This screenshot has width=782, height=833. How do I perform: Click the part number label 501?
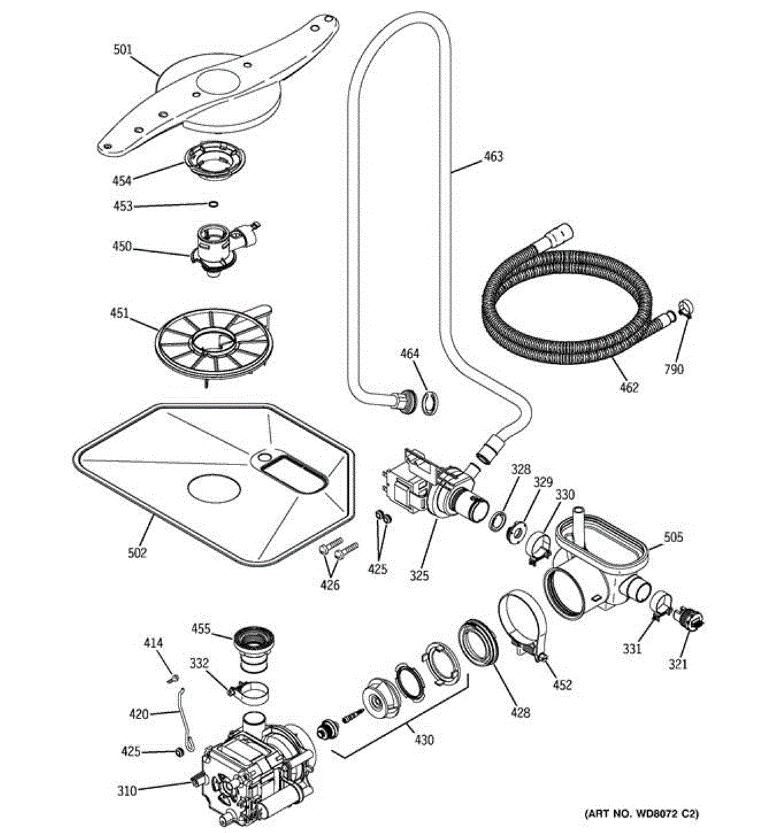pyautogui.click(x=123, y=49)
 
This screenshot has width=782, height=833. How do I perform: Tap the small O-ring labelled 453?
pyautogui.click(x=214, y=204)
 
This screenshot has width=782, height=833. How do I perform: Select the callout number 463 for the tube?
pyautogui.click(x=493, y=156)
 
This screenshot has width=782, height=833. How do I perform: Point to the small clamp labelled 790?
pyautogui.click(x=685, y=306)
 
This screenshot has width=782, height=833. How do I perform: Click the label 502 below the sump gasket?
pyautogui.click(x=138, y=553)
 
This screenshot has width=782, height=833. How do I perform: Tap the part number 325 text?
pyautogui.click(x=419, y=575)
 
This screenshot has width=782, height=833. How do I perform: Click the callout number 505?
pyautogui.click(x=673, y=537)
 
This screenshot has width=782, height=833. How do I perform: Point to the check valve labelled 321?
pyautogui.click(x=690, y=617)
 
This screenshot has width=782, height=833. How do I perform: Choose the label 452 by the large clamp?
pyautogui.click(x=562, y=684)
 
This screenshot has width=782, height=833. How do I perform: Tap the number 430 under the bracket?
pyautogui.click(x=424, y=740)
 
